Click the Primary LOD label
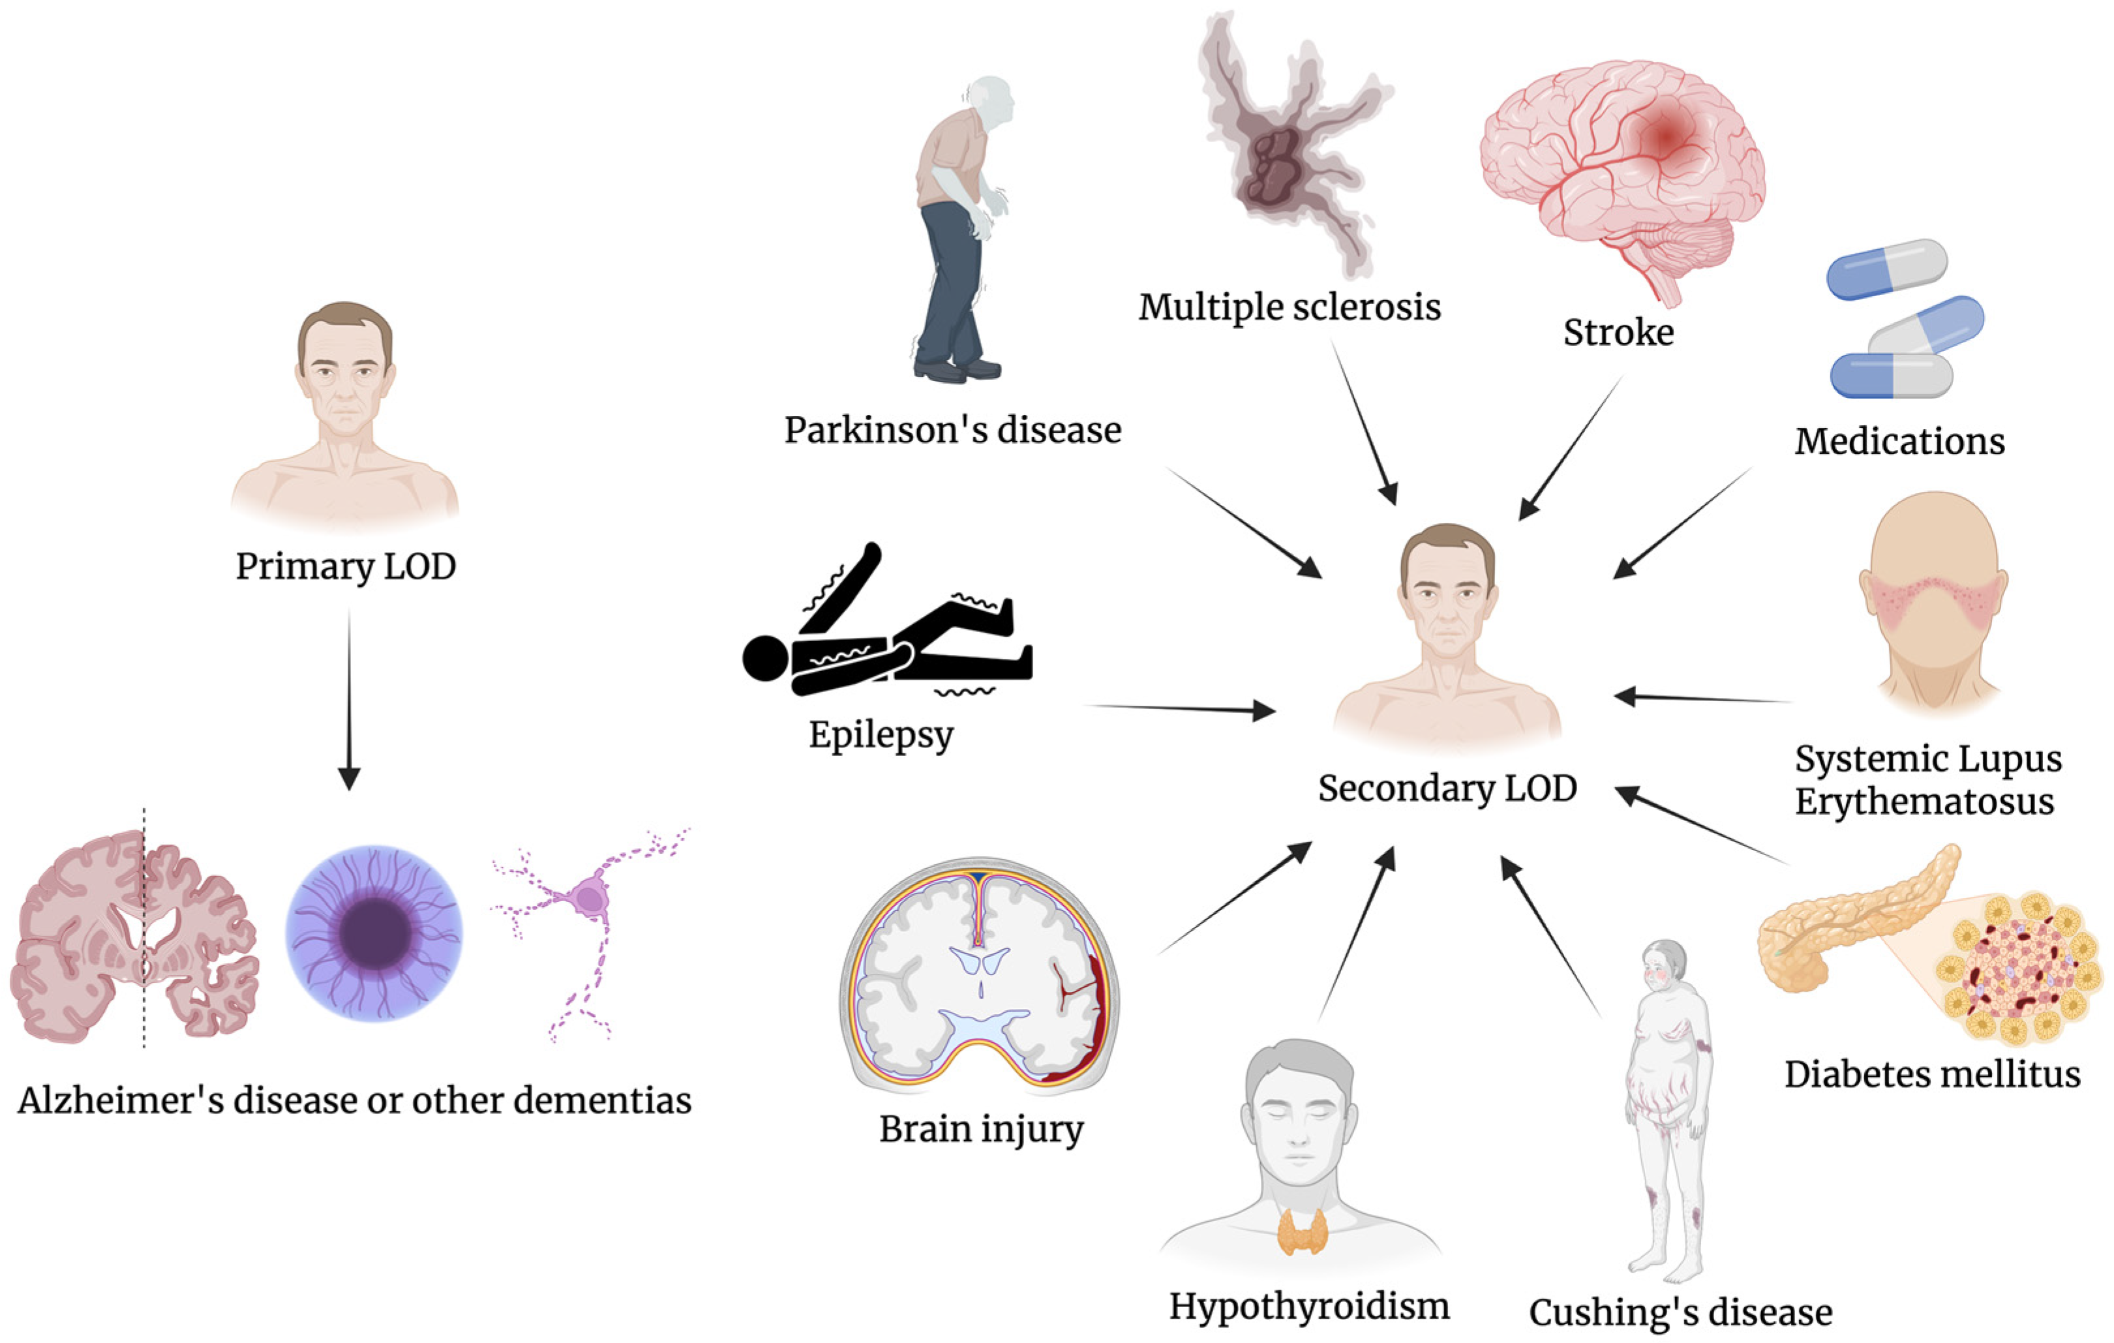[345, 566]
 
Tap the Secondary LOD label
[1447, 788]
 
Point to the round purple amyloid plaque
[374, 932]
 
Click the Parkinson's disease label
[952, 430]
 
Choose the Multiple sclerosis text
[1289, 307]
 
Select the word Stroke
[1618, 333]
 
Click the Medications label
[1899, 442]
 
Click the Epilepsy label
[881, 734]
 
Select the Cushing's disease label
[1680, 1313]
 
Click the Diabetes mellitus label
[1931, 1074]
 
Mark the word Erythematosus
[1924, 802]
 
